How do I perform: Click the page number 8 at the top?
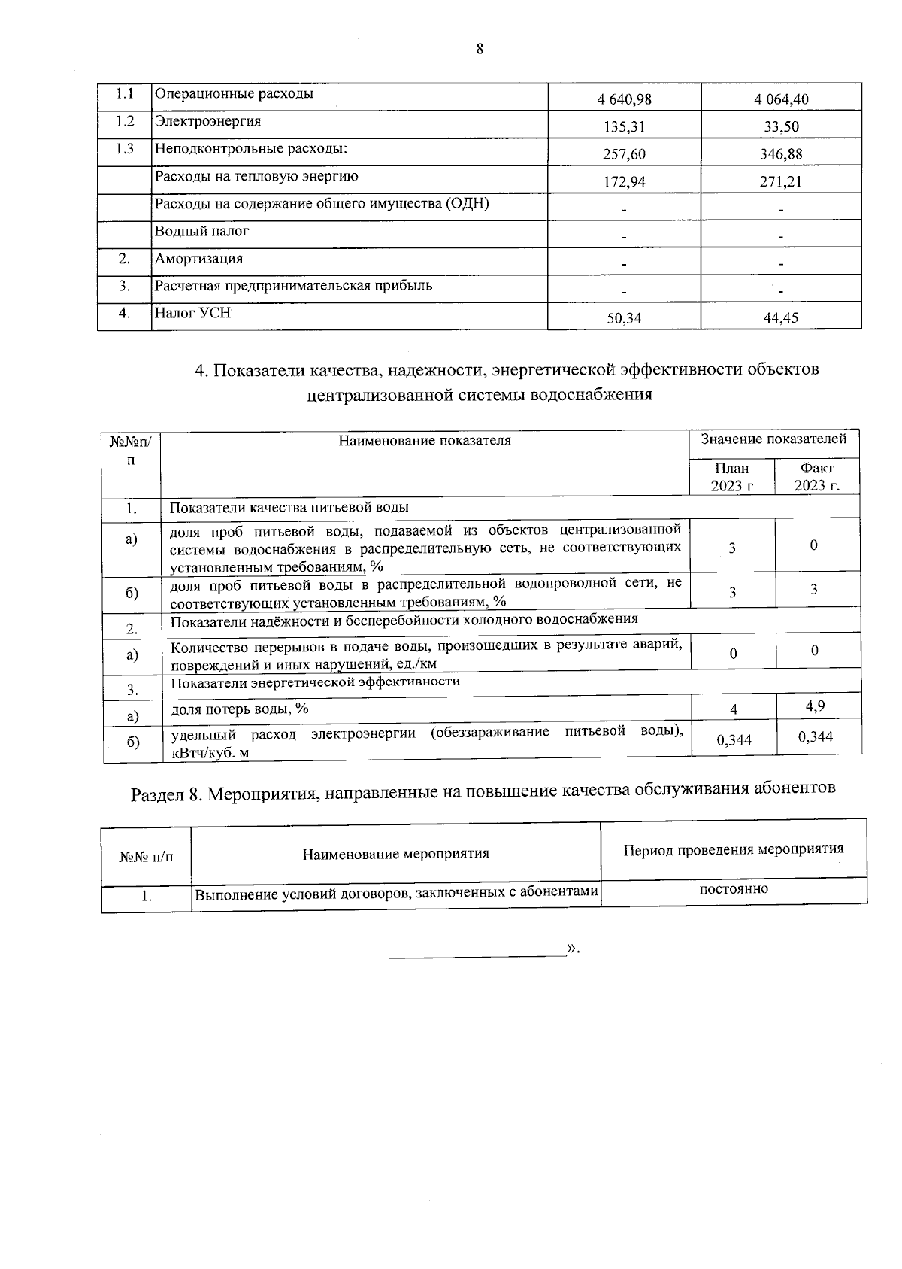tap(480, 50)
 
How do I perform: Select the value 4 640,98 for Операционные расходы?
tap(624, 99)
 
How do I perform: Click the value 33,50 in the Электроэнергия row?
tap(781, 127)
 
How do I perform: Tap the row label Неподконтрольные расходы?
tap(250, 149)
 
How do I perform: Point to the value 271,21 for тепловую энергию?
tap(781, 181)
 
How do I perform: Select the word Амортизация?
tap(198, 259)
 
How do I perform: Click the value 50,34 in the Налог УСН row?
tap(624, 318)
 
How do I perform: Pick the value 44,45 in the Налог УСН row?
tap(781, 318)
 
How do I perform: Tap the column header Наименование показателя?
tap(425, 441)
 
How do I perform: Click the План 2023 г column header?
tap(732, 477)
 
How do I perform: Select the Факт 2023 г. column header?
tap(817, 477)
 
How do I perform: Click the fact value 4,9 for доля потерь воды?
tap(816, 706)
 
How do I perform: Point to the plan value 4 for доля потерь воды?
tap(734, 709)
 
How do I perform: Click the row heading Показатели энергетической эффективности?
tap(316, 682)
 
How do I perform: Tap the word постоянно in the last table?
tap(734, 889)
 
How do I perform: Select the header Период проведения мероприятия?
tap(734, 849)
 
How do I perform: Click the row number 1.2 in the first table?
tap(125, 121)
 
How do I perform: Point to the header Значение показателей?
tap(774, 439)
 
